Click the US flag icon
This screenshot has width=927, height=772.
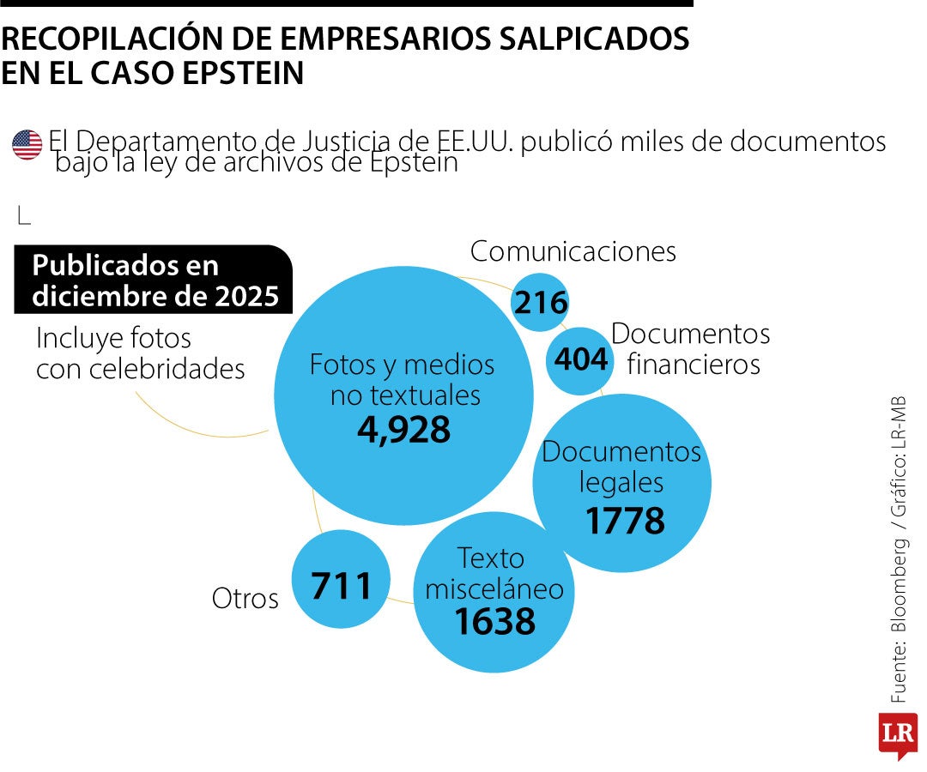pos(27,145)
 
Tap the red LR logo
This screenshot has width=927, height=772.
pos(897,734)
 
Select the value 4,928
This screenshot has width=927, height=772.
pos(403,430)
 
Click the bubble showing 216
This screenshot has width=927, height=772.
pos(540,303)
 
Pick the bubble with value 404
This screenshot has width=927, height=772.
pos(580,359)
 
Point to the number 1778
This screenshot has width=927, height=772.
pos(625,521)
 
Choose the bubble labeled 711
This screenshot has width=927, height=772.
pos(341,586)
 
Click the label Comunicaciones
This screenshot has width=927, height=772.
pos(573,251)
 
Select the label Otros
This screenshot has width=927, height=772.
pos(245,599)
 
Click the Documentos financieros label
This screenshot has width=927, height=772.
pos(691,348)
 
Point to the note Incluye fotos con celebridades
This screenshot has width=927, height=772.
pos(140,353)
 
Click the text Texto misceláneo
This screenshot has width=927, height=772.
pos(494,573)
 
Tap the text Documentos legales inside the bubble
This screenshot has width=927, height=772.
pos(621,466)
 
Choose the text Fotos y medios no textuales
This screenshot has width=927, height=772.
pos(403,379)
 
